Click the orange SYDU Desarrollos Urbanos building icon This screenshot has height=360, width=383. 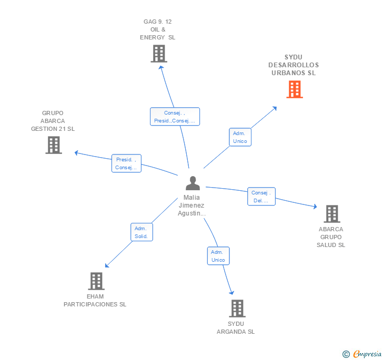pyautogui.click(x=295, y=89)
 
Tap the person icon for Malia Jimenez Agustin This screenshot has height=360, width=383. pyautogui.click(x=193, y=183)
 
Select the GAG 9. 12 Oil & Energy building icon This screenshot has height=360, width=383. pyautogui.click(x=158, y=54)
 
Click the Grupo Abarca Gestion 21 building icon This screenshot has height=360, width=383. pyautogui.click(x=54, y=145)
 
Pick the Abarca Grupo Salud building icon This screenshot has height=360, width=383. pyautogui.click(x=331, y=214)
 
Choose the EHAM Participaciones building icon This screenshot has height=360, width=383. pyautogui.click(x=96, y=281)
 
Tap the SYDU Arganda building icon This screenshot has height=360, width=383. pyautogui.click(x=237, y=308)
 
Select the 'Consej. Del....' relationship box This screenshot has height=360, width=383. pyautogui.click(x=261, y=197)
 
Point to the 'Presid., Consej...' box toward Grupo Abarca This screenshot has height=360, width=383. pyautogui.click(x=127, y=163)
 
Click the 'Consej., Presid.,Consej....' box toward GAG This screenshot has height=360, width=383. pyautogui.click(x=175, y=117)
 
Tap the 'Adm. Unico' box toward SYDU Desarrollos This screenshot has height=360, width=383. pyautogui.click(x=240, y=137)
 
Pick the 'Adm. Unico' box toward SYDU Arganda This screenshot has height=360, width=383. pyautogui.click(x=218, y=256)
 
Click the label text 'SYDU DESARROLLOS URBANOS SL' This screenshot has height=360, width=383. pyautogui.click(x=294, y=65)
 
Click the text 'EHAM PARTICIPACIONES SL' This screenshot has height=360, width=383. pyautogui.click(x=95, y=300)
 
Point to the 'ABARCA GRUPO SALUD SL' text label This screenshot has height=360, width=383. pyautogui.click(x=331, y=237)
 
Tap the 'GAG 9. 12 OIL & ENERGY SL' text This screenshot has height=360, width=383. pyautogui.click(x=158, y=29)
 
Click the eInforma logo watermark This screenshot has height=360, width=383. pyautogui.click(x=362, y=354)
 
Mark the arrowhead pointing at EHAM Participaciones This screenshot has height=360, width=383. pyautogui.click(x=107, y=266)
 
